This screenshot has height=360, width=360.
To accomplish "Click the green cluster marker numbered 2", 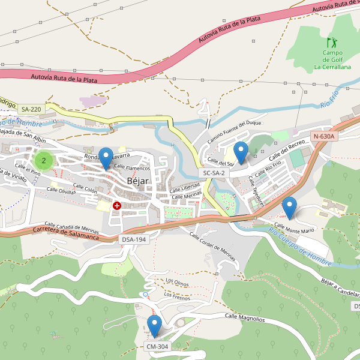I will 44,160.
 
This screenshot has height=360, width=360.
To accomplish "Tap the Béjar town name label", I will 137,181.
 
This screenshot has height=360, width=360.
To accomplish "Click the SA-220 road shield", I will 31,109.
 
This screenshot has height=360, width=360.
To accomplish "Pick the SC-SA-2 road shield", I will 214,173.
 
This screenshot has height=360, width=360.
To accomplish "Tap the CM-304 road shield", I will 157,346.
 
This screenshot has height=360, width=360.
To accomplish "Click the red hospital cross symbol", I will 117,206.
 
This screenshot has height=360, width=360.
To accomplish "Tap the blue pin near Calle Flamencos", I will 106,158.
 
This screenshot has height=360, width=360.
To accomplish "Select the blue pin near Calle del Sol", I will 241,153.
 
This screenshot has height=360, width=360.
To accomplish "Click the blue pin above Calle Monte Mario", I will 290,208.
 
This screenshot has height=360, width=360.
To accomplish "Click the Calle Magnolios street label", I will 244,317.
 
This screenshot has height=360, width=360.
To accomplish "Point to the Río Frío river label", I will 330,97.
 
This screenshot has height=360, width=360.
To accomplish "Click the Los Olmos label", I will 177,281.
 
